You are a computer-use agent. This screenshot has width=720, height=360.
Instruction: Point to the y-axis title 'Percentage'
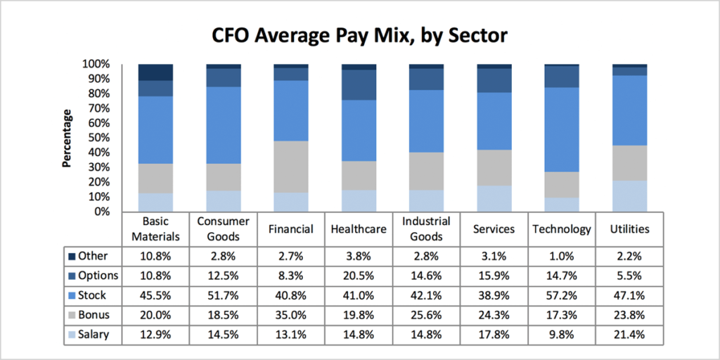67,138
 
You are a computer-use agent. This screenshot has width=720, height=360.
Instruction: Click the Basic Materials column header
155,229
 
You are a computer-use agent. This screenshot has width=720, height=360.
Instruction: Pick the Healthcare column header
359,229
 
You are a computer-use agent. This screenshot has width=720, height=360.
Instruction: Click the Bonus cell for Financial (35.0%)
291,315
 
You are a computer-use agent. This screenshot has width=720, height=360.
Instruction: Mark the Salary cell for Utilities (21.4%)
630,335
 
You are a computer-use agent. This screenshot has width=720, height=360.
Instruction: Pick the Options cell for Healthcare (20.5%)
359,276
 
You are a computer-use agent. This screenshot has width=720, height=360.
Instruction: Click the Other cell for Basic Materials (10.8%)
155,256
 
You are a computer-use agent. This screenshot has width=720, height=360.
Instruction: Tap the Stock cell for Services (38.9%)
494,295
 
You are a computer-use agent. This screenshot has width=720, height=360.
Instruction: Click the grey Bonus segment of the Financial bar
291,167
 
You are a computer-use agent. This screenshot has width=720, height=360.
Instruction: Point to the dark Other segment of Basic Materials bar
155,72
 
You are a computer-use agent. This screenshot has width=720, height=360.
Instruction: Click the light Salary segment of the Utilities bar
630,196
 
